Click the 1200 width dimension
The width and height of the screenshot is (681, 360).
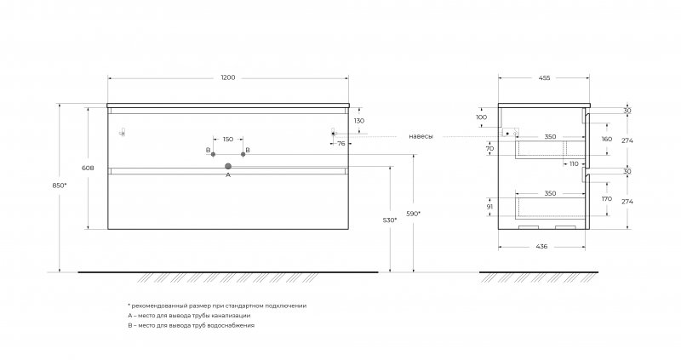tap(228, 77)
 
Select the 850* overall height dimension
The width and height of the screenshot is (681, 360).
tap(60, 186)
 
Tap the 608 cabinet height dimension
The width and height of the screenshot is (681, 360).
tap(88, 168)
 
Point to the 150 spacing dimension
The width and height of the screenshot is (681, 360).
tap(228, 140)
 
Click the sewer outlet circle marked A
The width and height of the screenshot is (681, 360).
tap(228, 166)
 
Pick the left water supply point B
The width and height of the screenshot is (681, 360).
tap(213, 154)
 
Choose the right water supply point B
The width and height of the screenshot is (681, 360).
tap(243, 154)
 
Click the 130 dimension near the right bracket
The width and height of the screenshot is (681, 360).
tap(359, 121)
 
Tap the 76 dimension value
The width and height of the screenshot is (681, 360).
tap(341, 143)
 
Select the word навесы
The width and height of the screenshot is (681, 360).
tap(421, 136)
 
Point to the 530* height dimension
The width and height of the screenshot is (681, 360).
tap(390, 220)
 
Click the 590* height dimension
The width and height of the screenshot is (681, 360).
tap(413, 214)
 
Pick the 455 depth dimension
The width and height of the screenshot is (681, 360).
tap(544, 78)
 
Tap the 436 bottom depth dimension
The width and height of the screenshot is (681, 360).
tap(541, 246)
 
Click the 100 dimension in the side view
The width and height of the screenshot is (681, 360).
tap(482, 117)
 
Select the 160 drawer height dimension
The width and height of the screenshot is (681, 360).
tap(607, 139)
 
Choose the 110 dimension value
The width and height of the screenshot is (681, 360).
tap(574, 163)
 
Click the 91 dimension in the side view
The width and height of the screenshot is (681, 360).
tap(490, 207)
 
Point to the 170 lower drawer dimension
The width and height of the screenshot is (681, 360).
tap(607, 199)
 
